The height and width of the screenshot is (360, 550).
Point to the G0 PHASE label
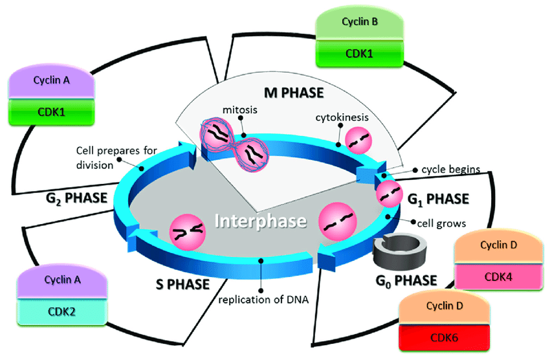click(x=407, y=280)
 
